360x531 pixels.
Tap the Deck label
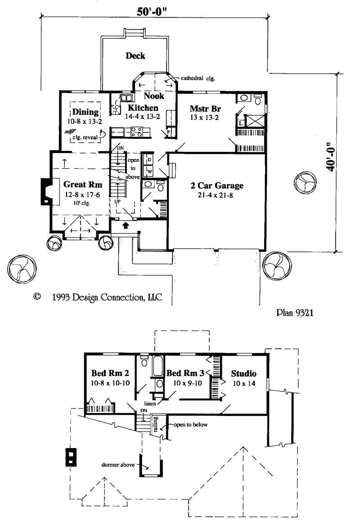pyautogui.click(x=135, y=56)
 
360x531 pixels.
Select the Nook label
pyautogui.click(x=154, y=96)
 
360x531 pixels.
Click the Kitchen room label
pyautogui.click(x=143, y=108)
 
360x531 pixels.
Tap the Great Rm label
pyautogui.click(x=83, y=184)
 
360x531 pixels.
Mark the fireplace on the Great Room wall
pyautogui.click(x=47, y=191)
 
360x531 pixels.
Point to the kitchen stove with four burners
pyautogui.click(x=136, y=132)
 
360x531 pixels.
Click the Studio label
pyautogui.click(x=243, y=373)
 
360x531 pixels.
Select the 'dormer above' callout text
pyautogui.click(x=118, y=464)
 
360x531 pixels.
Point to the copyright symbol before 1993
pyautogui.click(x=37, y=296)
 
